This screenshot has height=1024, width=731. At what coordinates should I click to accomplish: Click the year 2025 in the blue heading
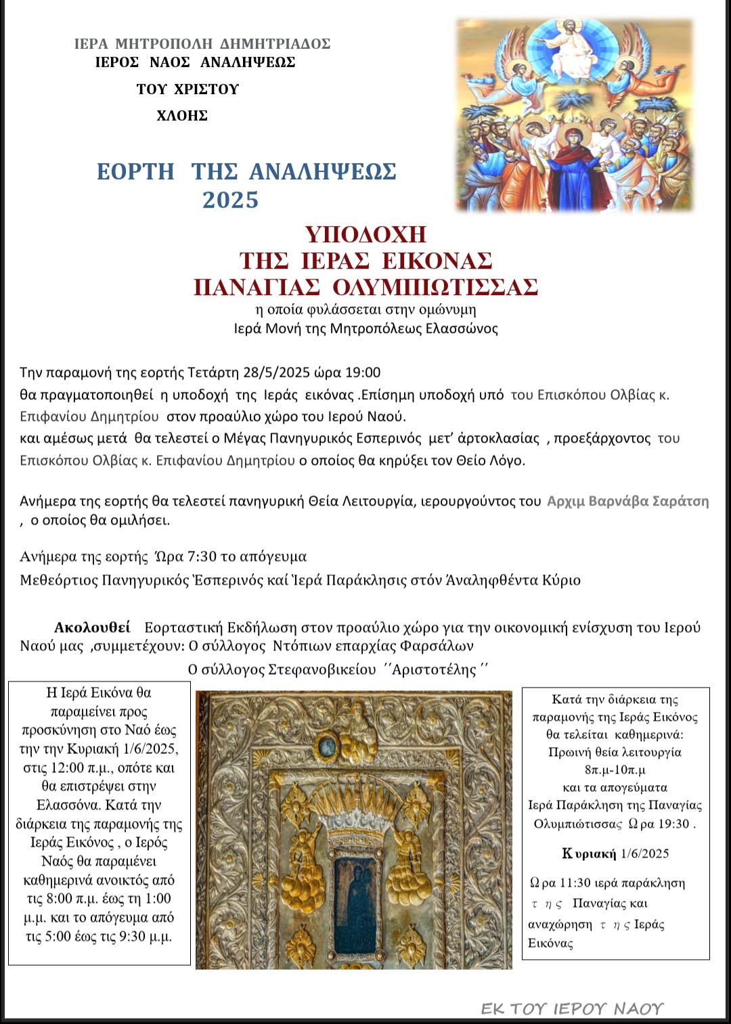(x=231, y=200)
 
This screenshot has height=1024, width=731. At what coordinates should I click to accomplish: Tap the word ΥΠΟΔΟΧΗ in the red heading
(x=365, y=235)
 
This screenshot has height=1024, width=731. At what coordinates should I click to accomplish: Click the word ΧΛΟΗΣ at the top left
(x=182, y=116)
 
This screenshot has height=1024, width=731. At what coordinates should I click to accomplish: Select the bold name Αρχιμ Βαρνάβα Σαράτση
(x=627, y=502)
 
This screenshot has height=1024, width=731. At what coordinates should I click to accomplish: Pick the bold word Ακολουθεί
(x=93, y=627)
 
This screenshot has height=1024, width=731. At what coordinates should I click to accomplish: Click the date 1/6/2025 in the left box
(x=150, y=749)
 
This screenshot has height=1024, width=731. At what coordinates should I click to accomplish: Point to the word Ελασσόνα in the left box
(x=65, y=805)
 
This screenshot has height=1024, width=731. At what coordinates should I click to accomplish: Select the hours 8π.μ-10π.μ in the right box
(x=615, y=770)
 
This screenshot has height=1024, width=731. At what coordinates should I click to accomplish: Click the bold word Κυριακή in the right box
(x=589, y=853)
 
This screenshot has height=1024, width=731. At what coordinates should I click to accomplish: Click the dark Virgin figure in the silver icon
(x=355, y=899)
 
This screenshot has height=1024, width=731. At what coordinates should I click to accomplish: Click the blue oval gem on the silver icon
(x=328, y=745)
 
